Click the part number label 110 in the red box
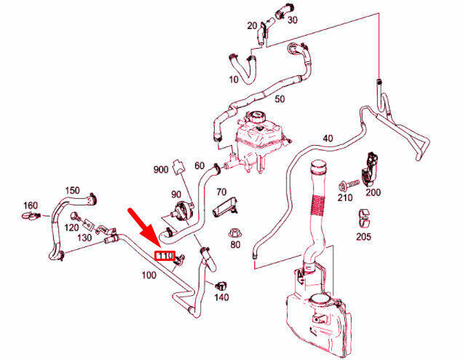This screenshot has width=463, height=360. (165, 256)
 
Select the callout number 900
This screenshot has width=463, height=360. (161, 170)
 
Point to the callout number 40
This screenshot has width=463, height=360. (327, 138)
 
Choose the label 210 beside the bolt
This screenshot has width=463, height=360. (345, 197)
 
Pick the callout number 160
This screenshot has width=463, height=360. (31, 205)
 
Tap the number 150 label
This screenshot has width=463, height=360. (72, 190)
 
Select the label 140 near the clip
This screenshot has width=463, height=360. (221, 297)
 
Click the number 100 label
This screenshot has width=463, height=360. (148, 276)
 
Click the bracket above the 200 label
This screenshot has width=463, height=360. (373, 168)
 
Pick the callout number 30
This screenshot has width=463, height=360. (293, 20)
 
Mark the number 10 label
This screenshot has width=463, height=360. (234, 78)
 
